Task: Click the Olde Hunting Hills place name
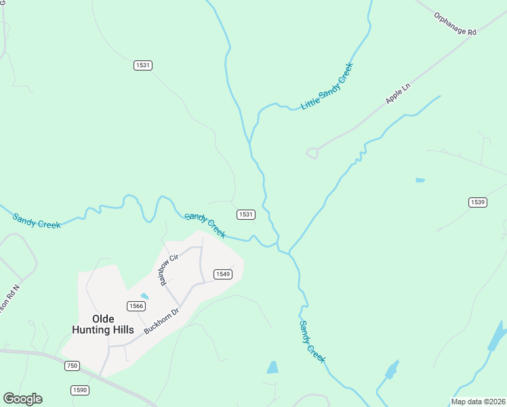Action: tap(103, 324)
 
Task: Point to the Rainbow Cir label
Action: tap(169, 269)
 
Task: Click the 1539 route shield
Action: tap(478, 202)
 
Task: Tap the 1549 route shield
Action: tap(223, 274)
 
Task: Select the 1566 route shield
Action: tap(136, 306)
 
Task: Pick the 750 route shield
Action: tap(73, 366)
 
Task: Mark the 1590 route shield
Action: tap(80, 390)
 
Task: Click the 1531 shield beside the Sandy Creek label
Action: tap(246, 214)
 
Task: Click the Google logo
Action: tap(22, 399)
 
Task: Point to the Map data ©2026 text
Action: tap(478, 402)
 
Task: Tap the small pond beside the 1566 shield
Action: tap(144, 296)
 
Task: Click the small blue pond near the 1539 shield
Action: tap(420, 180)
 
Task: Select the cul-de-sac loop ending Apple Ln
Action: tap(312, 153)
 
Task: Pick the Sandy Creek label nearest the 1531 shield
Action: tap(205, 225)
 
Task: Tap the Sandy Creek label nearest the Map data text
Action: tap(312, 341)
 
